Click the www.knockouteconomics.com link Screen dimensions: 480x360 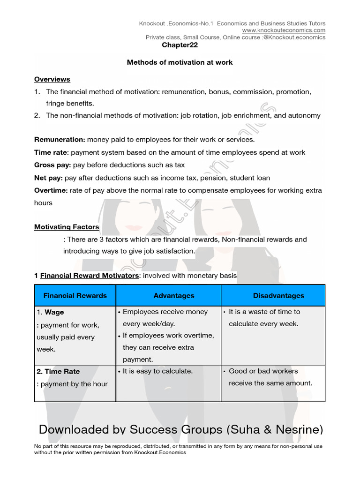284,30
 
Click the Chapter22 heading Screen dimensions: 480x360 180,45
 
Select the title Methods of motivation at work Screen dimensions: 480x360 180,62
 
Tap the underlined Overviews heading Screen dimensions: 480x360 52,79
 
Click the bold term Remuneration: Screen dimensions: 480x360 60,140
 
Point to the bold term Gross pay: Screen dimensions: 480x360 52,165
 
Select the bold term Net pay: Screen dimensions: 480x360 48,178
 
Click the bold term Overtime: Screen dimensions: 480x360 51,190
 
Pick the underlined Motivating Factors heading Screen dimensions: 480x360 67,227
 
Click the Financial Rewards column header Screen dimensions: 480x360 75,295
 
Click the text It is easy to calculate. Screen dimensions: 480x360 157,371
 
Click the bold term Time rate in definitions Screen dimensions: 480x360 51,152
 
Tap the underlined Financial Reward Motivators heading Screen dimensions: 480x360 90,276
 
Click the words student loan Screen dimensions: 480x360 253,178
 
